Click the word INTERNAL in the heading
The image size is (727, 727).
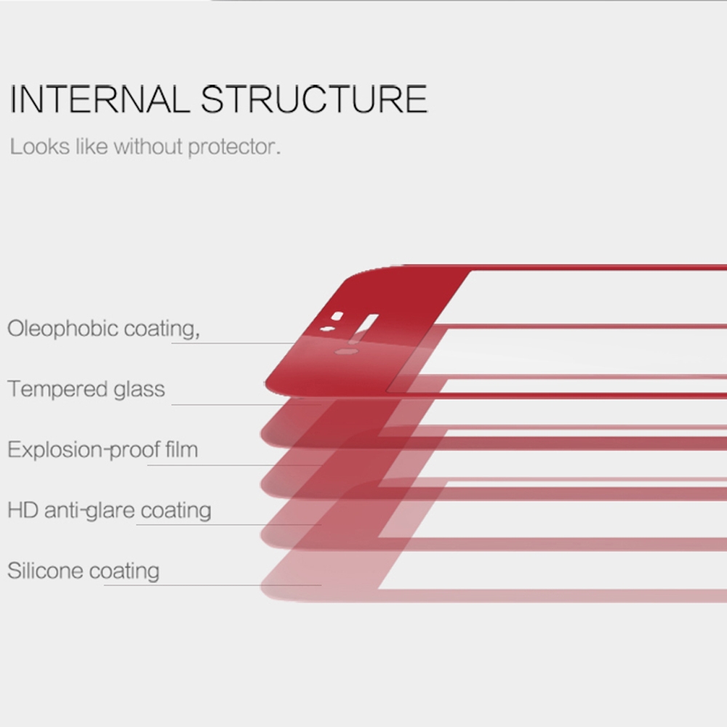click(99, 99)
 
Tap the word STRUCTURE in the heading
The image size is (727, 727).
click(314, 99)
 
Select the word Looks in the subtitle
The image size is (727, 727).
click(40, 147)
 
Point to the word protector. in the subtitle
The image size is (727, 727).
click(234, 148)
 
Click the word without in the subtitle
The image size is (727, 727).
click(148, 147)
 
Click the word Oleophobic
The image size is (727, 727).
click(63, 329)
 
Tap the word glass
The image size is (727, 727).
click(139, 389)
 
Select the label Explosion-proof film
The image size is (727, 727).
click(103, 450)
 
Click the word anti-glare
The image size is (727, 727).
click(89, 511)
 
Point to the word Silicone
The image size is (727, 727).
click(45, 570)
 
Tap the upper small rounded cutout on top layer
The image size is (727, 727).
click(337, 316)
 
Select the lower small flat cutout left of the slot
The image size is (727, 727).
click(327, 329)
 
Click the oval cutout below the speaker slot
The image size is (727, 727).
click(346, 351)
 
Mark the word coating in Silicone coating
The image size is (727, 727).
click(124, 571)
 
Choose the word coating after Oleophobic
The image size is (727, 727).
click(162, 329)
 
